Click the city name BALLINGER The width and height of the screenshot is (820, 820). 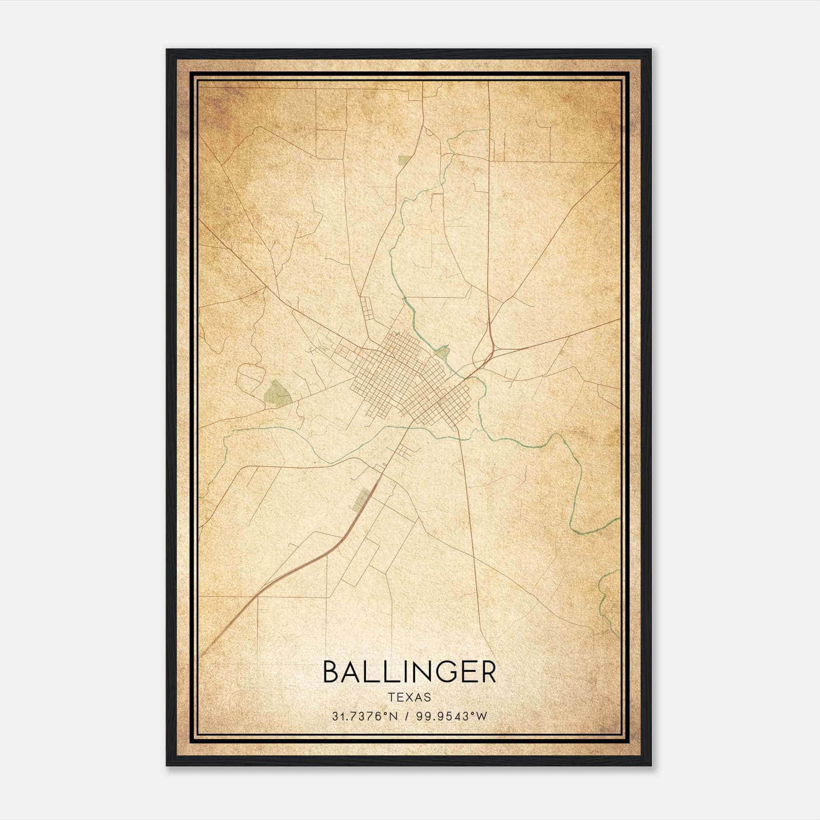pyautogui.click(x=409, y=672)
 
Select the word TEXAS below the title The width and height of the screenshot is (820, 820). pyautogui.click(x=409, y=697)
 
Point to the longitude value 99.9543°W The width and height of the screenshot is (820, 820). pyautogui.click(x=451, y=716)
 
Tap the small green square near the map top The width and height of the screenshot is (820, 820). pyautogui.click(x=404, y=160)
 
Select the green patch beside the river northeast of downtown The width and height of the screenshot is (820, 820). pyautogui.click(x=441, y=352)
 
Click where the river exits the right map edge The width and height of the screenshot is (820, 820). pyautogui.click(x=618, y=520)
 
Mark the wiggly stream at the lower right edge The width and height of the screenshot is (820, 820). pyautogui.click(x=607, y=597)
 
